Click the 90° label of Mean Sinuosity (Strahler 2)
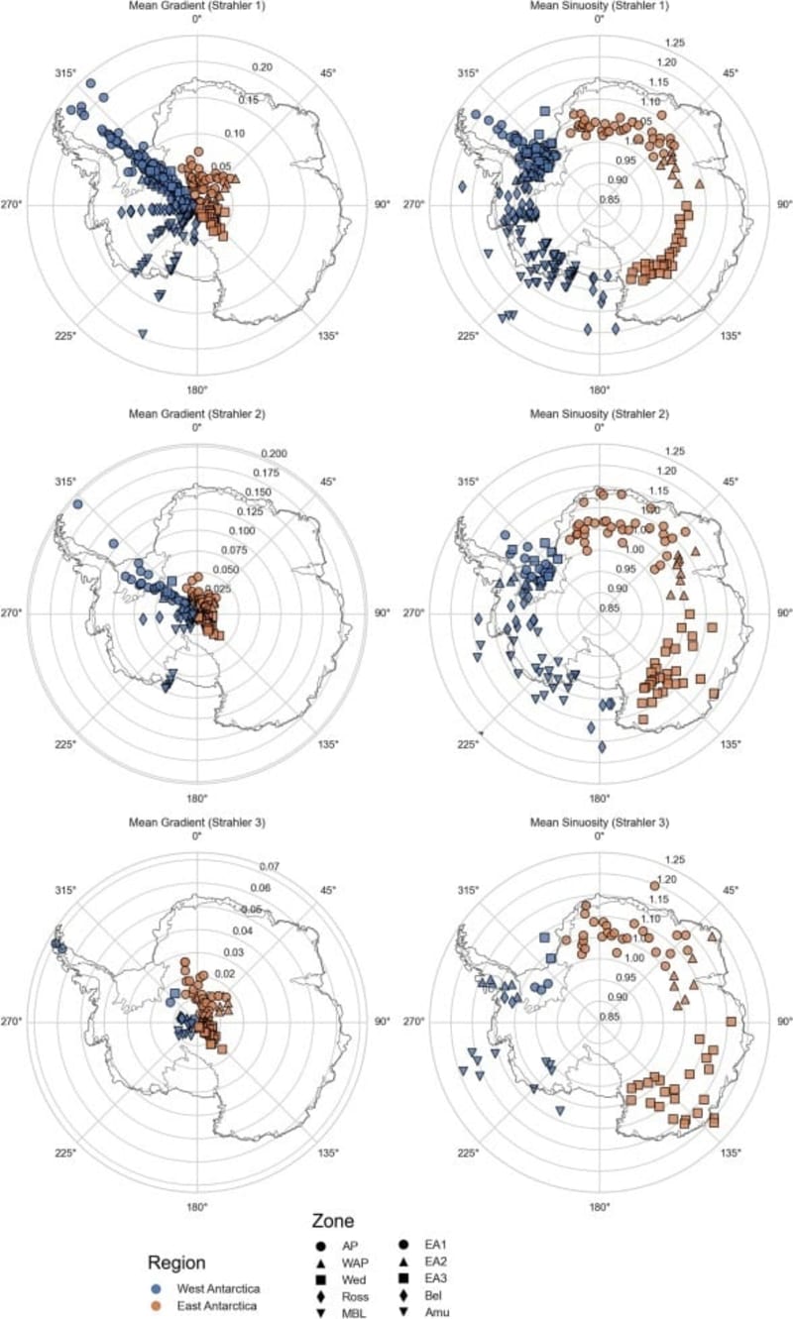click(782, 613)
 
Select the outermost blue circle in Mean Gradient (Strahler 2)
click(78, 504)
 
